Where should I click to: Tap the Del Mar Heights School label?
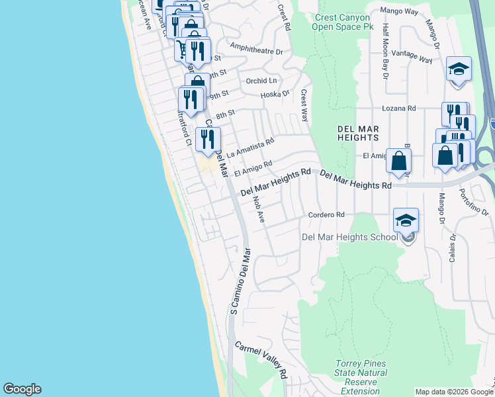[x=350, y=237]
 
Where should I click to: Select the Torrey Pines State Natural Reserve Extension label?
[x=361, y=377]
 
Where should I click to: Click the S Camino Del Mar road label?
[x=240, y=281]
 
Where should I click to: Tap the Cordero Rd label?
[x=327, y=215]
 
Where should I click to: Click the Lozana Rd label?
[x=399, y=108]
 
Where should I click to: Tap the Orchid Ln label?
[x=261, y=81]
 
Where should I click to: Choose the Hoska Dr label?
[x=275, y=94]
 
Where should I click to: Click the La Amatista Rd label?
[x=249, y=148]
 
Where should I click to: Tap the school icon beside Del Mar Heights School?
[x=406, y=220]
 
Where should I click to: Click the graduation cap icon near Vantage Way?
[x=458, y=69]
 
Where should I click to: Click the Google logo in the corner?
[x=22, y=389]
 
